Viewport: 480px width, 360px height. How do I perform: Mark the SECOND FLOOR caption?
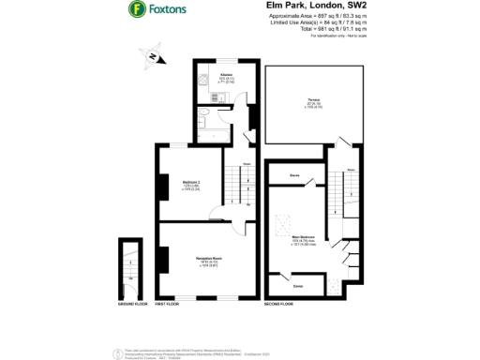coord(278,304)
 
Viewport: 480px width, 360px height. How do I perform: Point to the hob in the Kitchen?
coord(203,83)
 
